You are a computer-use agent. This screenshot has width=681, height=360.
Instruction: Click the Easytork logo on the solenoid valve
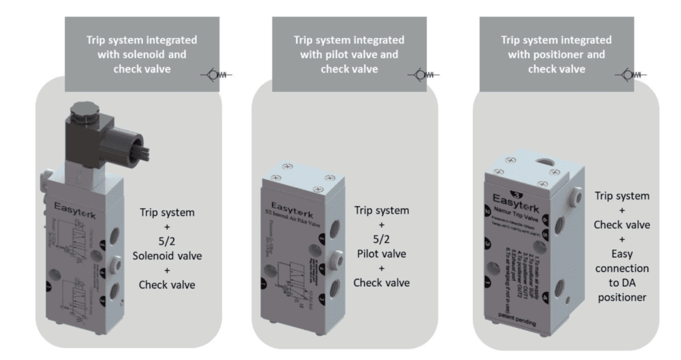click(x=69, y=200)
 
